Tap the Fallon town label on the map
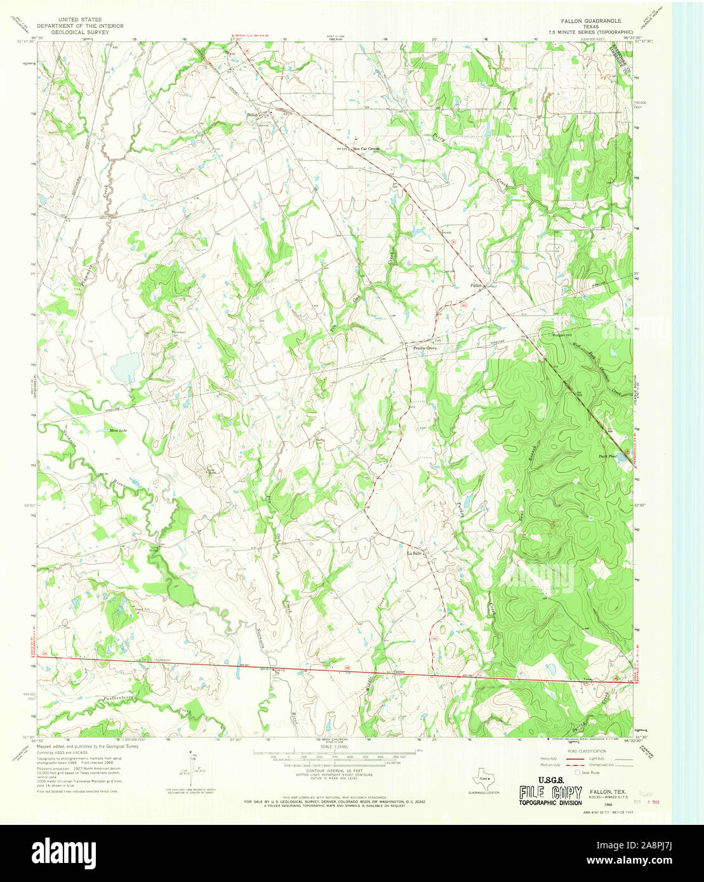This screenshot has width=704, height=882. click(476, 286)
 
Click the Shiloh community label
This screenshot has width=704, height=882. click(253, 114)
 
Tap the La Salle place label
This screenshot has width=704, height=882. click(414, 553)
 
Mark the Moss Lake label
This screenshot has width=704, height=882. click(118, 431)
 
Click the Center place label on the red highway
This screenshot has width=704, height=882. click(399, 671)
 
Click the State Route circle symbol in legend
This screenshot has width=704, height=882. click(577, 773)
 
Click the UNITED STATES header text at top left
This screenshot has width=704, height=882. click(80, 20)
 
